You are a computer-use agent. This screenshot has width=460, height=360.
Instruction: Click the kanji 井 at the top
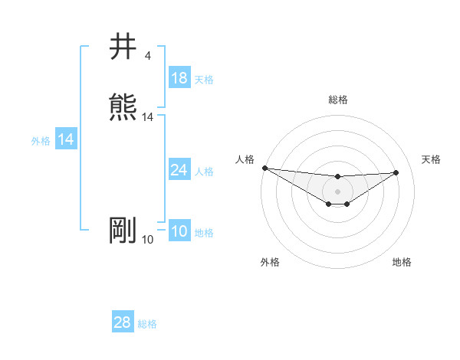123,47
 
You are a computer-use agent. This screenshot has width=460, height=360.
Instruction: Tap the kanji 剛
123,231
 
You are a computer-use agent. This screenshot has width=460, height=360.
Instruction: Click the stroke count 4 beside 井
147,56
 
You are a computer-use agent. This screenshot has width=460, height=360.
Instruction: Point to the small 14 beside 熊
148,117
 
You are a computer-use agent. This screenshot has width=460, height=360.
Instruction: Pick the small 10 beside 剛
148,240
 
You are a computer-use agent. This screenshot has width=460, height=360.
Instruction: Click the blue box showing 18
179,78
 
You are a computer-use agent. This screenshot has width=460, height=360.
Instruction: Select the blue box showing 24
179,170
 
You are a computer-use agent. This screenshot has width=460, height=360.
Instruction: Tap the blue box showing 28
123,323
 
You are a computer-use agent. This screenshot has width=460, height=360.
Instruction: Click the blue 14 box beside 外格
66,139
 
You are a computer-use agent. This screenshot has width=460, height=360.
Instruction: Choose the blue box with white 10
179,232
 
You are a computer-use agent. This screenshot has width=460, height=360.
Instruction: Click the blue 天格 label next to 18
204,79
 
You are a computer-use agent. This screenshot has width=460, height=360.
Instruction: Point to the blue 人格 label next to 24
204,171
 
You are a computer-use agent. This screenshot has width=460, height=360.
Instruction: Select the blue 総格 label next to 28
147,324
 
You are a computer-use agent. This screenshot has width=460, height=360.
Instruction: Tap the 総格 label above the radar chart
337,100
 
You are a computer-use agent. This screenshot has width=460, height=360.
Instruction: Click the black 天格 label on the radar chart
431,159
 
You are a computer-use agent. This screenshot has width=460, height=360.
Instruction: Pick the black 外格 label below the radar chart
270,262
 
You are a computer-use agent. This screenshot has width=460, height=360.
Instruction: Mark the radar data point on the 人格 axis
264,168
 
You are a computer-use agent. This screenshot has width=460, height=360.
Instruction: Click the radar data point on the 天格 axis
396,172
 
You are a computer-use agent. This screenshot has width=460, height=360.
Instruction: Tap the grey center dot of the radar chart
337,191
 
